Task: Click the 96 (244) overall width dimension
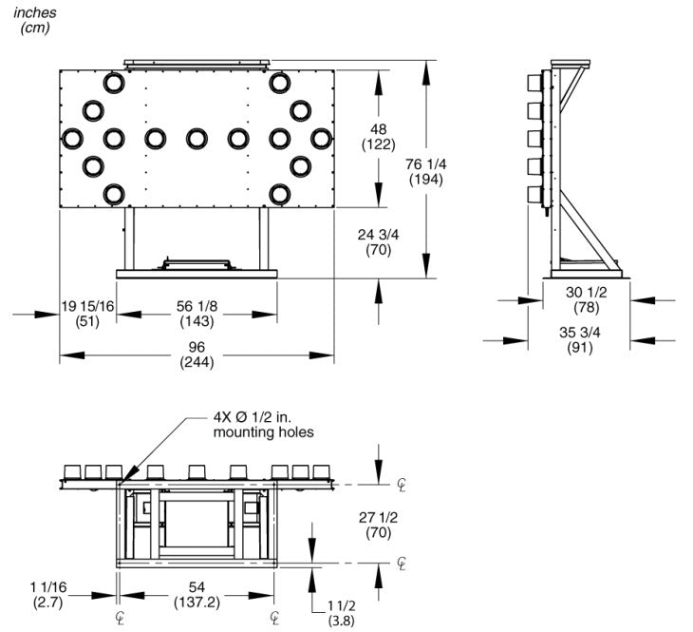[x=197, y=354]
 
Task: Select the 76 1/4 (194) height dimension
[x=426, y=172]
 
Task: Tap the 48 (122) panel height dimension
[x=379, y=137]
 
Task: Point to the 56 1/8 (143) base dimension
[x=197, y=314]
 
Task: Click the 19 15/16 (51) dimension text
[x=87, y=314]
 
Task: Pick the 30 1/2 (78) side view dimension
[x=586, y=299]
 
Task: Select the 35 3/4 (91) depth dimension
[x=580, y=339]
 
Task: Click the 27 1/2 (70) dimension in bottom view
[x=379, y=525]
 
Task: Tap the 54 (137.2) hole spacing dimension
[x=197, y=594]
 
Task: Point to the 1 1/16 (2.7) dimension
[x=48, y=594]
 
